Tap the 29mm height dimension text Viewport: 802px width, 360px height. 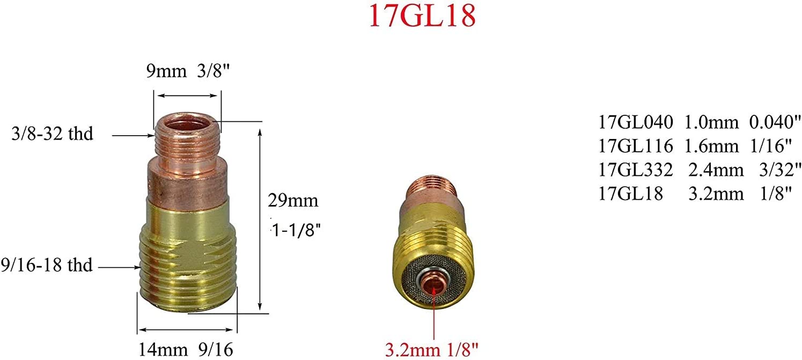point(293,201)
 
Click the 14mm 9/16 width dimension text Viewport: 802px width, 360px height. point(186,349)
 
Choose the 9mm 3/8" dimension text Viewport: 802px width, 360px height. point(184,71)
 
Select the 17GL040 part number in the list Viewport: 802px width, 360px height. point(635,122)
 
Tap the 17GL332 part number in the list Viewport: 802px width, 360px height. point(635,170)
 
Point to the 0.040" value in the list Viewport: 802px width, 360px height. point(772,122)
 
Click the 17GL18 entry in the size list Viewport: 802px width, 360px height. point(631,194)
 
